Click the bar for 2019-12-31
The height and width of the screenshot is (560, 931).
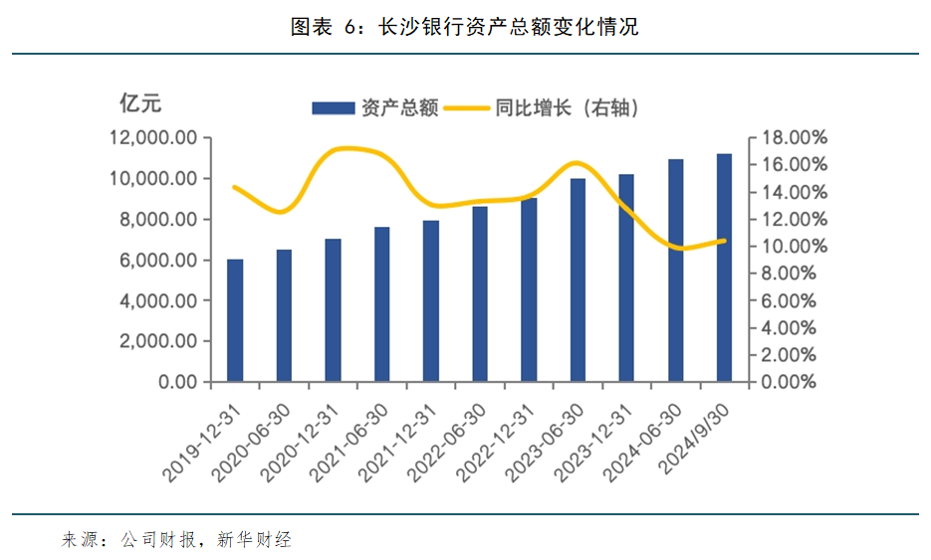pos(235,320)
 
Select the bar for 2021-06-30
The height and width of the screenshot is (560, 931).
pos(382,304)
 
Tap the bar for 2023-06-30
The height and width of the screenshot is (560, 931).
pos(578,280)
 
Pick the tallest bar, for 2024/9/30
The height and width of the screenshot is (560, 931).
pos(724,268)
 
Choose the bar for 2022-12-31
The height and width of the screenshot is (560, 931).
pos(529,289)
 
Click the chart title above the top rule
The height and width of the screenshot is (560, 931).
pos(464,28)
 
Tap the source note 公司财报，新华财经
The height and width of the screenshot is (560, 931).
pos(206,540)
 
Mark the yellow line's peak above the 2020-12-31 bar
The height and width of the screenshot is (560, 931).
pos(344,148)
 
